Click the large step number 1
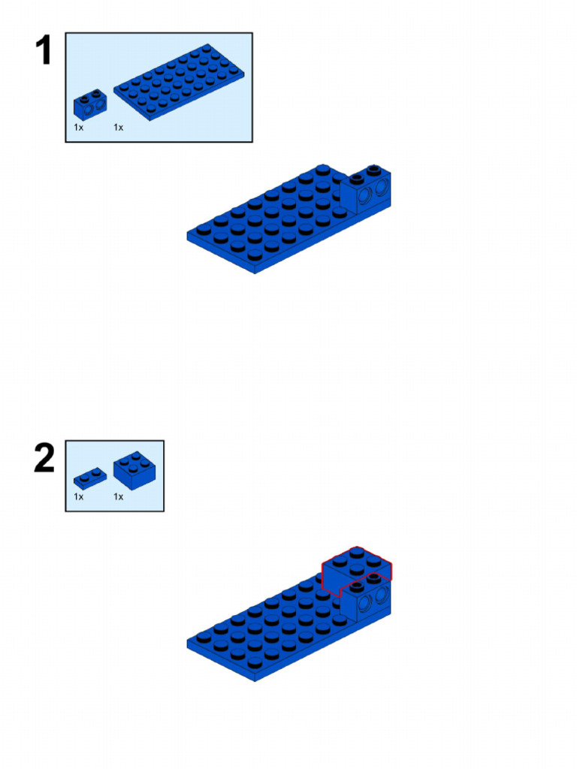pos(44,50)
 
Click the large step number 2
pos(44,457)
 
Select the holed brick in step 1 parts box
pos(90,104)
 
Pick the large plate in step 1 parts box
pos(179,81)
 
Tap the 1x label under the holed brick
pos(78,128)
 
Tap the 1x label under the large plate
pos(118,128)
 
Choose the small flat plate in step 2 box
pos(90,478)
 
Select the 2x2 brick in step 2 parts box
pos(134,470)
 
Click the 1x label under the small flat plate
pos(78,497)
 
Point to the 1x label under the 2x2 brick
pos(118,497)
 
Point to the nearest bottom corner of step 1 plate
pos(255,273)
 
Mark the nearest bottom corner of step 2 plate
pos(255,681)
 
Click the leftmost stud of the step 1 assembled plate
pos(204,230)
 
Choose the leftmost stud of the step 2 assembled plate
pos(204,637)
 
